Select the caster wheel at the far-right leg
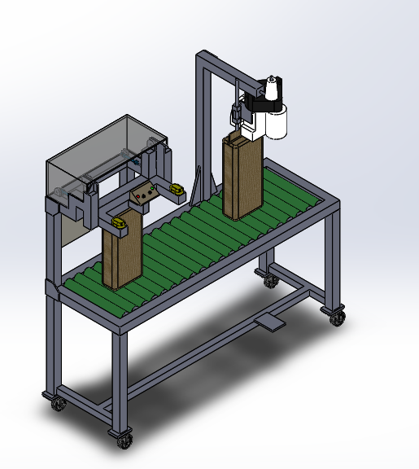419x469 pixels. pyautogui.click(x=336, y=317)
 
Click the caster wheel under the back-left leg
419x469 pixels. pyautogui.click(x=56, y=402)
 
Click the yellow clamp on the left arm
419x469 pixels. pyautogui.click(x=119, y=221)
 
